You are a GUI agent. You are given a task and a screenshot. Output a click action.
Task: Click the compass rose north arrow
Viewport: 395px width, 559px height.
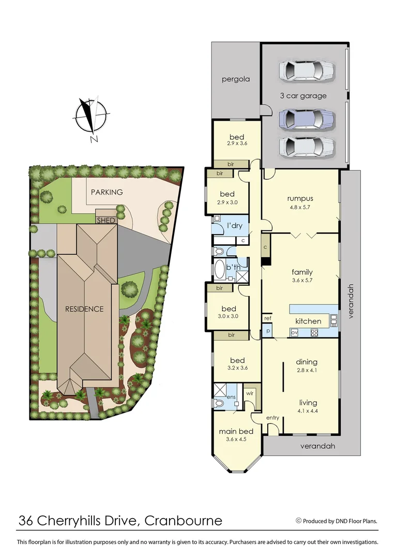[x=92, y=116]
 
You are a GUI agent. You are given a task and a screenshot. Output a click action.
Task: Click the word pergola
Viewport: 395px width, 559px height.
[x=236, y=79]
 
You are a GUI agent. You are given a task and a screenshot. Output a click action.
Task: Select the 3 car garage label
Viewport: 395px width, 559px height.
[x=303, y=96]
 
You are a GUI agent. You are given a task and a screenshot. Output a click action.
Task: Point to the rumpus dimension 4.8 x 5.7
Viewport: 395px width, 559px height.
[x=300, y=207]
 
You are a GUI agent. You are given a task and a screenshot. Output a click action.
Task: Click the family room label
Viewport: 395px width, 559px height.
[x=302, y=272]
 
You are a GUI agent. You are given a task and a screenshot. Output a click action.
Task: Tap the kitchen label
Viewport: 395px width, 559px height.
[x=308, y=321]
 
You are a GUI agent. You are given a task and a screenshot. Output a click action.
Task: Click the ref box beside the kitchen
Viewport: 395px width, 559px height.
[x=268, y=318]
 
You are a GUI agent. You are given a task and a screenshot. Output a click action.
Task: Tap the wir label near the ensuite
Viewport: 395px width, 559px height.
[x=249, y=393]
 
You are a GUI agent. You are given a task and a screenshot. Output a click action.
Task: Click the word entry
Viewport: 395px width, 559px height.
[x=272, y=418]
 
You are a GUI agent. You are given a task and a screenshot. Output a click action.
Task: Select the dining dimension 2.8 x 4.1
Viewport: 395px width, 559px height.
[x=307, y=370]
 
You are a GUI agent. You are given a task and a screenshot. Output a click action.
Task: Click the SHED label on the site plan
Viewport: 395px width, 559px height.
[x=106, y=220]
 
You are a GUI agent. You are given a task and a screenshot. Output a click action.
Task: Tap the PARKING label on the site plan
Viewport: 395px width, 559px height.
[x=107, y=192]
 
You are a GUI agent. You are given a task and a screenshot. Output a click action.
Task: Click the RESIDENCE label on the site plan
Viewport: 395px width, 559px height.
[x=84, y=309]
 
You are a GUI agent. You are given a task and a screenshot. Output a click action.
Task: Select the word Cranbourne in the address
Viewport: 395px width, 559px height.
[x=183, y=521]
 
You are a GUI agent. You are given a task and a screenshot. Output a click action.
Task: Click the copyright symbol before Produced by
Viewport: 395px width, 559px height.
[x=298, y=521]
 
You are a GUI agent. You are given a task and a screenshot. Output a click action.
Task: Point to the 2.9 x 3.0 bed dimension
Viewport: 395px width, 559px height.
[x=228, y=203]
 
